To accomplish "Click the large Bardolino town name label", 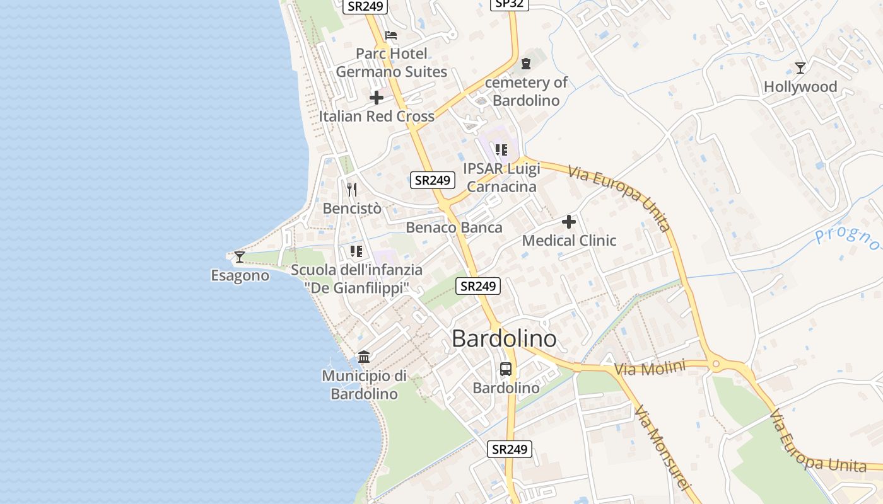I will (505, 339).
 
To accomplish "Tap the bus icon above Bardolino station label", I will (506, 369).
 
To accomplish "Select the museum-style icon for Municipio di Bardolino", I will (364, 357).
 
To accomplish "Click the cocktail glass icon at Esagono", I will (240, 256).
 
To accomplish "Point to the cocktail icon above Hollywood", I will (800, 67).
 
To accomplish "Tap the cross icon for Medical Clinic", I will (569, 222).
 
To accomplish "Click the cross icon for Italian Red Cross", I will (377, 98).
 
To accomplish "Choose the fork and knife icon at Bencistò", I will (352, 189).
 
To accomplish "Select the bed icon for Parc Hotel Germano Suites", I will (391, 35).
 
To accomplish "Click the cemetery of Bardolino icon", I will (526, 64).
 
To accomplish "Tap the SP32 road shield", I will (509, 4).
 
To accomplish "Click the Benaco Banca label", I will (454, 227).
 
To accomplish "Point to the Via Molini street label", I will (650, 369).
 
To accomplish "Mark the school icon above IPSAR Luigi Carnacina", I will (501, 150).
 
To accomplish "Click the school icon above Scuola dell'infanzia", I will (356, 251).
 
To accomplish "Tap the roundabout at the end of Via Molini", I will (716, 364).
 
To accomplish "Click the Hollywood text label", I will (800, 87).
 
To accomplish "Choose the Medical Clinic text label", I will (569, 241).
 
